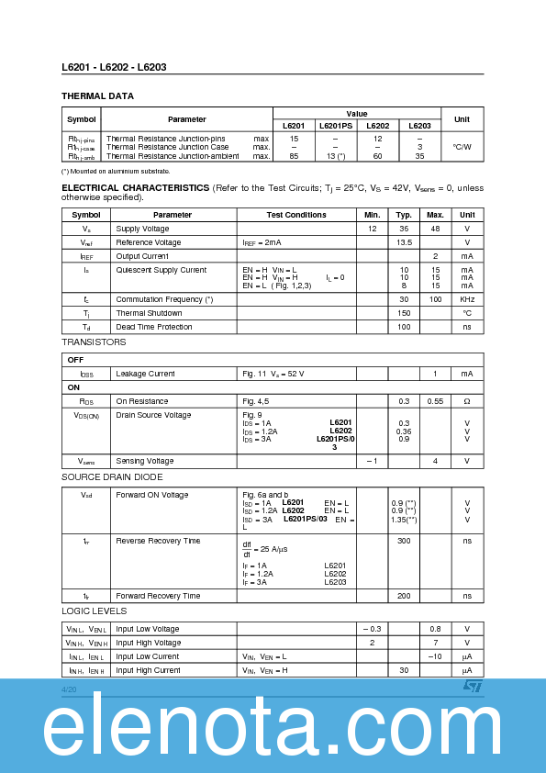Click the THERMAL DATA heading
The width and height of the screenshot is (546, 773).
click(97, 95)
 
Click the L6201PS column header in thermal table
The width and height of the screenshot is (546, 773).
click(335, 126)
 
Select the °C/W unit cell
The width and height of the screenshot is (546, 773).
click(462, 147)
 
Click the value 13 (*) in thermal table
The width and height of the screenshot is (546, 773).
click(335, 156)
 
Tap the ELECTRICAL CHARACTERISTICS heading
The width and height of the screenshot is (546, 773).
click(135, 187)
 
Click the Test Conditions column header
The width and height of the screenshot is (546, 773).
click(296, 215)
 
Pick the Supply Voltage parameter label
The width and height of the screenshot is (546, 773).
click(142, 229)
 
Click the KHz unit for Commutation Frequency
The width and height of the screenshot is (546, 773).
click(467, 299)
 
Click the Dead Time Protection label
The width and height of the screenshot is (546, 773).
click(154, 327)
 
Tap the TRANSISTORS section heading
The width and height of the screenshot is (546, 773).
click(94, 342)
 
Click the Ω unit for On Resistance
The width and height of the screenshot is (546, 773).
click(467, 401)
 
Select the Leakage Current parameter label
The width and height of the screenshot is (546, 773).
click(145, 374)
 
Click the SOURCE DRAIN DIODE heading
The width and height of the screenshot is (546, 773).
click(111, 477)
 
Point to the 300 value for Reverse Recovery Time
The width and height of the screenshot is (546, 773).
click(404, 541)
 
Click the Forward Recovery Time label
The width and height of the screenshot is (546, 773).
click(158, 596)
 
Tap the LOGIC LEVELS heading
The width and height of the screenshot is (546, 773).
click(94, 611)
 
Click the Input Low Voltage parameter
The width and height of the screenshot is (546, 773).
click(148, 629)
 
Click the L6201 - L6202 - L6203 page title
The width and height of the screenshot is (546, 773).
click(114, 67)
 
